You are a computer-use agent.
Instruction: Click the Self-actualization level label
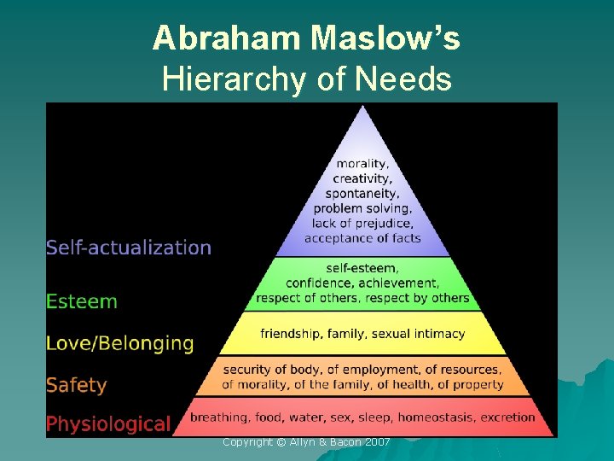pyautogui.click(x=129, y=248)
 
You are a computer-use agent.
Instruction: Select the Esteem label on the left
pyautogui.click(x=82, y=301)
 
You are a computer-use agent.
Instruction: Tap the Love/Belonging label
pyautogui.click(x=120, y=343)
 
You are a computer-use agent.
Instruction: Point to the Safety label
pyautogui.click(x=77, y=385)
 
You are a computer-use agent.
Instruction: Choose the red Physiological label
pyautogui.click(x=108, y=423)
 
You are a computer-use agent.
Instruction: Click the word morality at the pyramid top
pyautogui.click(x=363, y=164)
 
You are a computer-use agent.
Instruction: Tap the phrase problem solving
pyautogui.click(x=363, y=208)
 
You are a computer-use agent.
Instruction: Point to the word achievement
pyautogui.click(x=403, y=283)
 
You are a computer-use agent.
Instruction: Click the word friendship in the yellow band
pyautogui.click(x=292, y=333)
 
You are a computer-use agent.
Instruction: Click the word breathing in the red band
pyautogui.click(x=217, y=417)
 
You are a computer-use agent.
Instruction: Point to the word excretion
pyautogui.click(x=508, y=417)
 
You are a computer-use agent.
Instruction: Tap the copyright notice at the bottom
pyautogui.click(x=306, y=441)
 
